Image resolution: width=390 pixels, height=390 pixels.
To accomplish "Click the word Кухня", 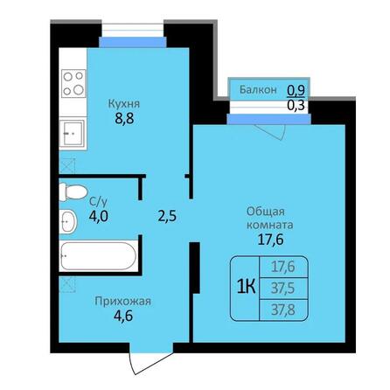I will point(125,103).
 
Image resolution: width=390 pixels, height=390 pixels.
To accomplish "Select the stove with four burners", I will point(74,85).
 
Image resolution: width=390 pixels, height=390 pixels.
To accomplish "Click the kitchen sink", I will point(73,134).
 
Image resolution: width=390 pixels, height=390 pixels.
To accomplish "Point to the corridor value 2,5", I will point(165,216).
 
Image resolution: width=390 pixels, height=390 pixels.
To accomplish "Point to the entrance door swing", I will point(138,359).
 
